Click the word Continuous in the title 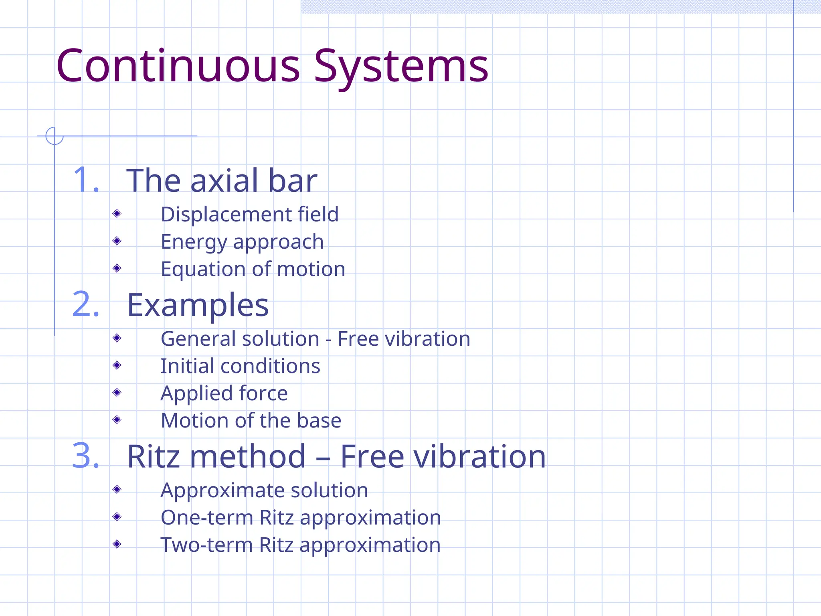tap(178, 66)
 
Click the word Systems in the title tap(401, 66)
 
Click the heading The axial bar tap(222, 180)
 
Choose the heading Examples tap(198, 305)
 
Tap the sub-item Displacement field tap(249, 214)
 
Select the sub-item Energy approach tap(242, 242)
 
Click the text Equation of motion tap(253, 269)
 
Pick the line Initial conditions tap(240, 366)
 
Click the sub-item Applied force tap(224, 393)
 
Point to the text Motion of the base tap(251, 421)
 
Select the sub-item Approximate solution tap(264, 490)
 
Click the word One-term tap(207, 518)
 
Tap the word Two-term tap(206, 545)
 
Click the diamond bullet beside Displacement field tap(117, 213)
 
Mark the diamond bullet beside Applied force tap(117, 392)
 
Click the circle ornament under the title tap(55, 136)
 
